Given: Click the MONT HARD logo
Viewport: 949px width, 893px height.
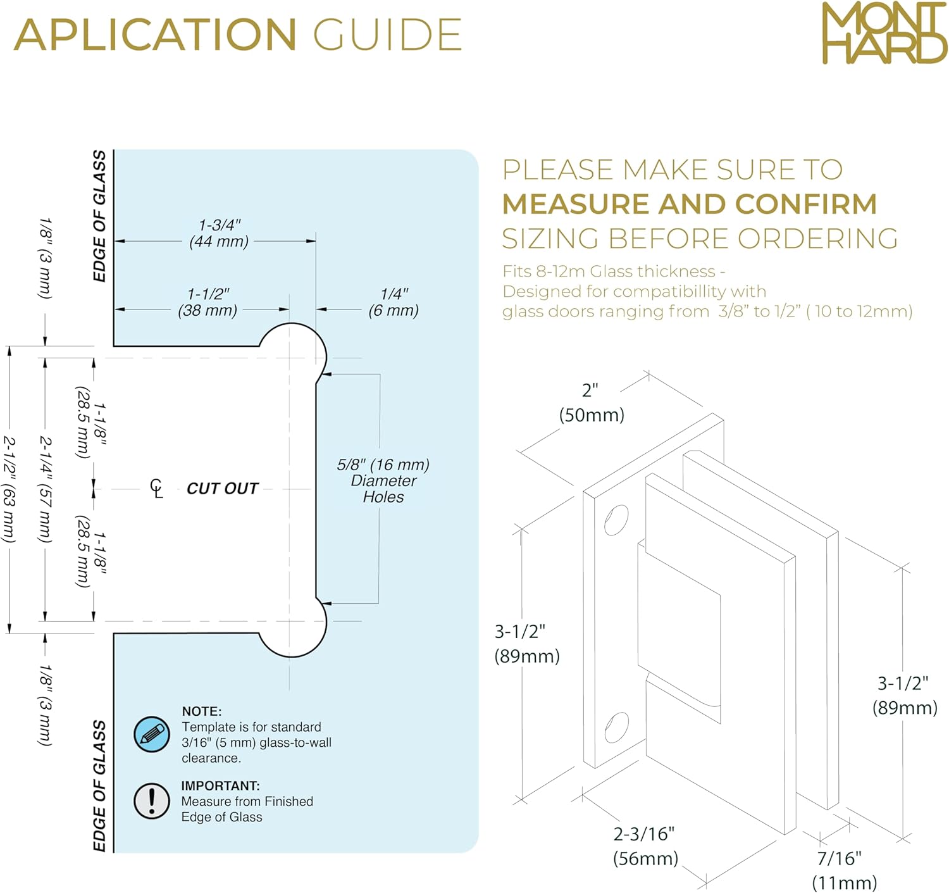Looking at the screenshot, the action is click(884, 32).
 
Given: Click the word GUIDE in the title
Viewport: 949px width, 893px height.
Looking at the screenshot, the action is click(388, 34).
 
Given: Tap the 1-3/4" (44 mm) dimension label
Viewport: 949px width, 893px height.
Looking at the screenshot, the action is click(220, 234).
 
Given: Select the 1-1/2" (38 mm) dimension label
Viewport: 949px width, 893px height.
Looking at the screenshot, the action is click(208, 302).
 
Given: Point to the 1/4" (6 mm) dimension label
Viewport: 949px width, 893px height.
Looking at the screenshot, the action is click(394, 302).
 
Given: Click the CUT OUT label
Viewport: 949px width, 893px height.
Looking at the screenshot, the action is click(222, 489).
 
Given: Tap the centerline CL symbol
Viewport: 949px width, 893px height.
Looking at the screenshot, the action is click(156, 489).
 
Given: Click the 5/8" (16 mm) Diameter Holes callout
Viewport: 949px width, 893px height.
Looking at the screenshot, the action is click(383, 480).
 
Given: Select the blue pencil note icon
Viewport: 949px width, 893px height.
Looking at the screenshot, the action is click(151, 734).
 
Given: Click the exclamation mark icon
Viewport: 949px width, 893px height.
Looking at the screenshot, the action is click(151, 801).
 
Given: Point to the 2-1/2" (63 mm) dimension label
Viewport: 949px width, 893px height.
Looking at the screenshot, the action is click(9, 489).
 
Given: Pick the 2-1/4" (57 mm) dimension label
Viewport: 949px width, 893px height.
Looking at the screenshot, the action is click(46, 489).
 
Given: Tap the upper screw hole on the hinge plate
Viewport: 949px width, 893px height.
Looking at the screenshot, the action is click(616, 520).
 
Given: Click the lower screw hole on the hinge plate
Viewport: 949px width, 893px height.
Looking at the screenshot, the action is click(616, 728).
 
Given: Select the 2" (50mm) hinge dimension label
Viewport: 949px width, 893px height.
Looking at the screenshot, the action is click(592, 403).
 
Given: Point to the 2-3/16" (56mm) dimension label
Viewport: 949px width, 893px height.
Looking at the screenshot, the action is click(645, 846).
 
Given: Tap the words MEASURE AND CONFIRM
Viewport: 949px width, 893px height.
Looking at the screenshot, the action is click(690, 204).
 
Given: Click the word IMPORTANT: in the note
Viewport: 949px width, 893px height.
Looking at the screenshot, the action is click(220, 785).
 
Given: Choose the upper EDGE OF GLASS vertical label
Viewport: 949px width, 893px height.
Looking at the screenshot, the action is click(99, 216).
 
